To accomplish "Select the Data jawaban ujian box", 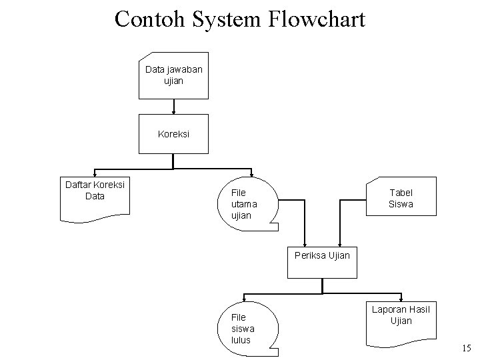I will [173, 75].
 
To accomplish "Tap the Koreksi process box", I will [173, 133].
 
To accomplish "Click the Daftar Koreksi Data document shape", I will [95, 197].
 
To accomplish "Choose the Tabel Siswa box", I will [401, 197].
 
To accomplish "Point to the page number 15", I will [465, 348].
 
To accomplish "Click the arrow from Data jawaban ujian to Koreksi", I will [173, 106].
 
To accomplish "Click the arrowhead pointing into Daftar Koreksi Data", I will [95, 174].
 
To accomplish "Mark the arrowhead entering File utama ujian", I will [251, 174].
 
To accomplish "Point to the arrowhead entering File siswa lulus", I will [245, 299].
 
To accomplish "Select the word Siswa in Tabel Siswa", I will [401, 204].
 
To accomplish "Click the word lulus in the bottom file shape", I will [240, 339].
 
